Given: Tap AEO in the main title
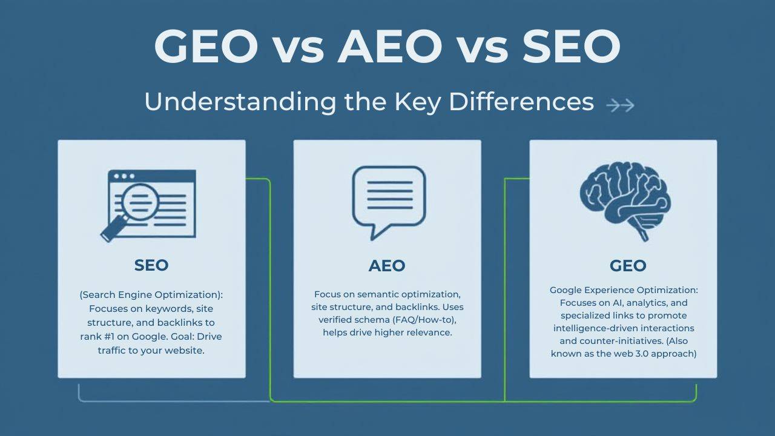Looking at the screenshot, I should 387,47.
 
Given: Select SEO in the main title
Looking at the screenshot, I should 572,47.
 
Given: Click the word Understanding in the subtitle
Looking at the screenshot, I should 240,102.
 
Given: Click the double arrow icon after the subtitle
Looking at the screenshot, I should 620,105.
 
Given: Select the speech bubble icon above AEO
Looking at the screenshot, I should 389,200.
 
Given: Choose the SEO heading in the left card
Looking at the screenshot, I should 151,265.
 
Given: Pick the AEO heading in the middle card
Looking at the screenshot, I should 387,265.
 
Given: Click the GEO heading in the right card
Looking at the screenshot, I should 628,265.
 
